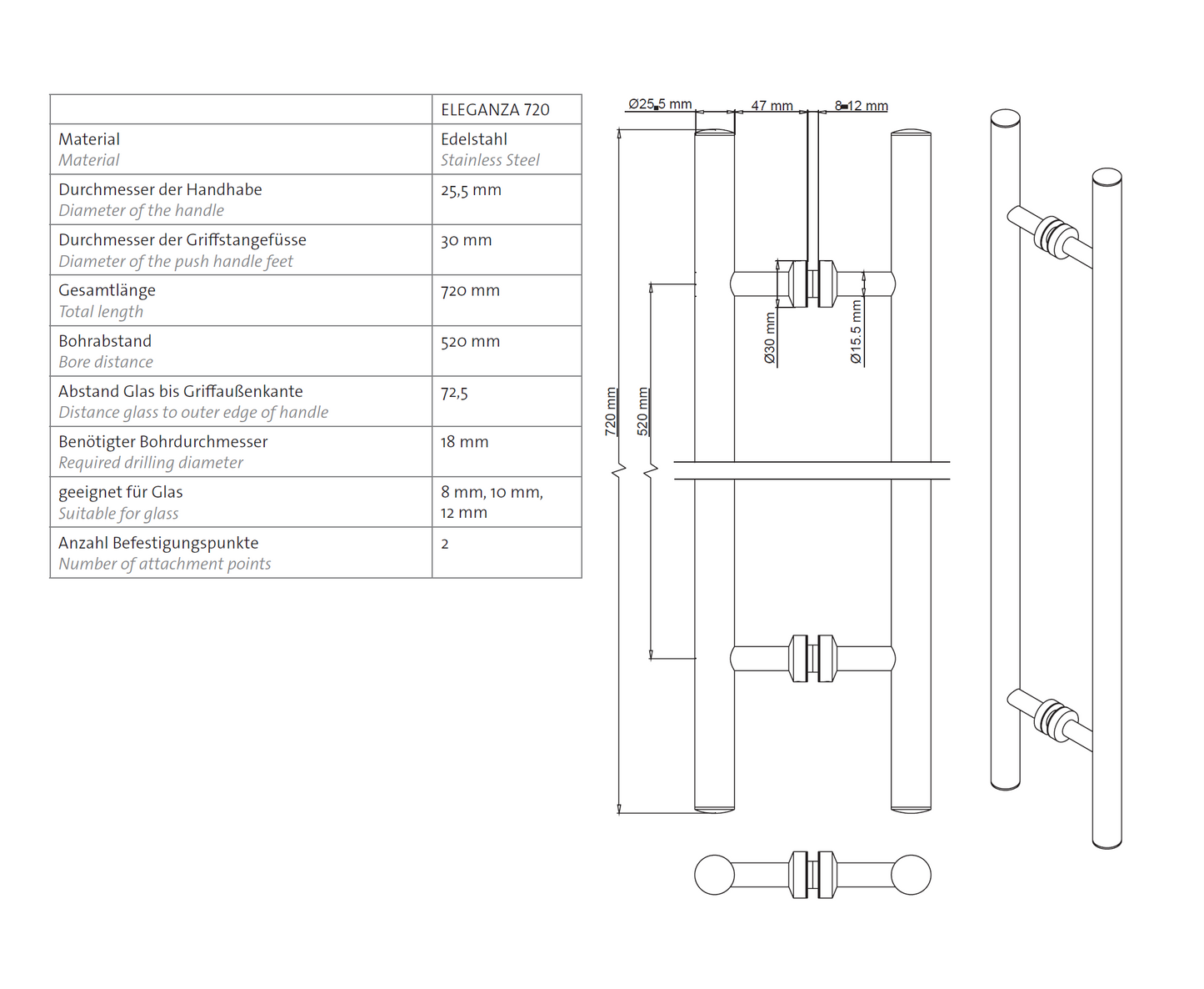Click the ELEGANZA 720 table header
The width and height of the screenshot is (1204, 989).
pyautogui.click(x=495, y=110)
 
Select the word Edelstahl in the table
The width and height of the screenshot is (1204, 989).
pyautogui.click(x=474, y=139)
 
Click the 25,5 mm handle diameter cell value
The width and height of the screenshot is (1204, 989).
pyautogui.click(x=471, y=190)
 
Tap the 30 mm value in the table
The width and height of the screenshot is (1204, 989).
pyautogui.click(x=466, y=241)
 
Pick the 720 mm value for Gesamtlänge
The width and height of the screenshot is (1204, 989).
pyautogui.click(x=470, y=291)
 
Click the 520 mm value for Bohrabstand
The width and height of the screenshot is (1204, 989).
pyautogui.click(x=470, y=342)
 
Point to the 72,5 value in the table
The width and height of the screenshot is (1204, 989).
pyautogui.click(x=454, y=393)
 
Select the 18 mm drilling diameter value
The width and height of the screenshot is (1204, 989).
pyautogui.click(x=464, y=442)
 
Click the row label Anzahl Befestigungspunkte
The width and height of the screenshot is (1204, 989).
pyautogui.click(x=158, y=543)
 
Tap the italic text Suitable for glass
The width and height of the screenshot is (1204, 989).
pyautogui.click(x=118, y=514)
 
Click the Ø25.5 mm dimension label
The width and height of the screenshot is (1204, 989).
pyautogui.click(x=660, y=104)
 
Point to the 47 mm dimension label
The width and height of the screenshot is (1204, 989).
pyautogui.click(x=772, y=106)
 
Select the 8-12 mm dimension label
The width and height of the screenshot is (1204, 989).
pyautogui.click(x=861, y=106)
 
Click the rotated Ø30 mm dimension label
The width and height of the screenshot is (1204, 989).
pyautogui.click(x=770, y=339)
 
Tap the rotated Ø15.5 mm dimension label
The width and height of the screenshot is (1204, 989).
pyautogui.click(x=856, y=332)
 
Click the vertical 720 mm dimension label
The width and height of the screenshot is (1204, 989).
pyautogui.click(x=611, y=411)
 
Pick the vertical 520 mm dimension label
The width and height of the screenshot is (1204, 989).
pyautogui.click(x=642, y=411)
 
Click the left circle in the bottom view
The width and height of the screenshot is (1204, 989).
pyautogui.click(x=714, y=875)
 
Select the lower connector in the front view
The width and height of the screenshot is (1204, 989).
pyautogui.click(x=812, y=659)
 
